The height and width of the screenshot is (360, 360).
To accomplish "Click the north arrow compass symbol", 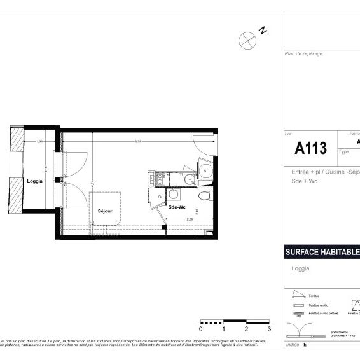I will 247,40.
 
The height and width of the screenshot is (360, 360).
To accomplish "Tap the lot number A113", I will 311,149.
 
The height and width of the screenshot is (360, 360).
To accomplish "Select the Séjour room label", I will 105,211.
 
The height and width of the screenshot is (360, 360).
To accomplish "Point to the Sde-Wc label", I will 177,207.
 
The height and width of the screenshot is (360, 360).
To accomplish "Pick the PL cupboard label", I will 160,197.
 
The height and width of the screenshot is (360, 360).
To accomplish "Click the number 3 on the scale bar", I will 269,329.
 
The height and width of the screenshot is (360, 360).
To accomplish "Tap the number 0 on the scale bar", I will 200,329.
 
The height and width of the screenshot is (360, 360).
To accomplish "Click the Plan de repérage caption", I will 304,54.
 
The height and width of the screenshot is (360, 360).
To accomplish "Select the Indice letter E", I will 305,344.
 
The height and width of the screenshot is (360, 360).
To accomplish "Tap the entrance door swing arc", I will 205,148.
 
